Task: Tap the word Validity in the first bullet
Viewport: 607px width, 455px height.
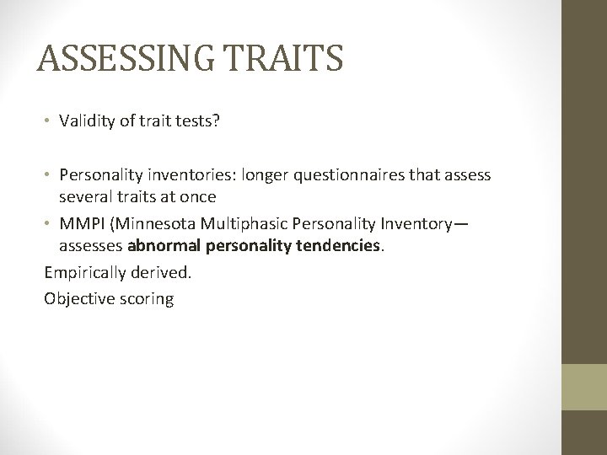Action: pyautogui.click(x=88, y=120)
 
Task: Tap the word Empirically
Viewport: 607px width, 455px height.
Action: pyautogui.click(x=84, y=274)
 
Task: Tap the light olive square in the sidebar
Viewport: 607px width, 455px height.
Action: pyautogui.click(x=584, y=386)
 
